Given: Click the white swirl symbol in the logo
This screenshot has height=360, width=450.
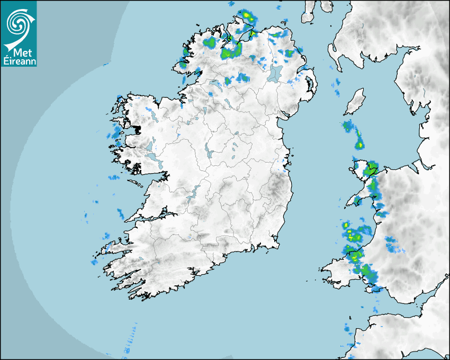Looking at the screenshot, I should pos(18,23).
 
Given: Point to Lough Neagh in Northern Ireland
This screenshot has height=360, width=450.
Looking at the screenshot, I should pos(275,73).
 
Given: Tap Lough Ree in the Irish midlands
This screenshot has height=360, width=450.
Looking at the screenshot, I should pos(208,154).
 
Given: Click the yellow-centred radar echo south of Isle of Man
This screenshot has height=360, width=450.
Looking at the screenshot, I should pos(359,143).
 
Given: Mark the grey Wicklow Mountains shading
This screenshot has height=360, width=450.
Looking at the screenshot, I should pos(275,188).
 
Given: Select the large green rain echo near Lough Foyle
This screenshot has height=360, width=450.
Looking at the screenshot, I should pos(231,50).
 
